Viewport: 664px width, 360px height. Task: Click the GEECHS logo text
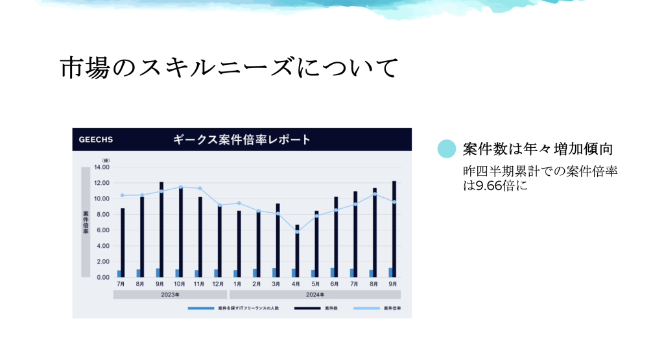[96, 139]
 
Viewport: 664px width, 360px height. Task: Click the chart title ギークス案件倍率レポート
[242, 139]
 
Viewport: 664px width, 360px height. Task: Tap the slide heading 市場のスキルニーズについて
[229, 67]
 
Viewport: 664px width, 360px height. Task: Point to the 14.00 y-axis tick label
[102, 167]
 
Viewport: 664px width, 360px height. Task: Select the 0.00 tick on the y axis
[103, 278]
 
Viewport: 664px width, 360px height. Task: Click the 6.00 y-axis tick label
[103, 230]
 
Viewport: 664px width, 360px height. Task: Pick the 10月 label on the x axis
[179, 284]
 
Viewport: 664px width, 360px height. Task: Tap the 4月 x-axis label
[296, 284]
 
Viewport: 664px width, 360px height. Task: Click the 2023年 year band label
[171, 294]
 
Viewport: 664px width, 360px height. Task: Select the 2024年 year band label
[315, 294]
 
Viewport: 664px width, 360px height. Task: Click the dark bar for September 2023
[161, 230]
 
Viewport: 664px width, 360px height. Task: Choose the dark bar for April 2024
[297, 251]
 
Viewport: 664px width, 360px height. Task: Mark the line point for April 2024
[297, 232]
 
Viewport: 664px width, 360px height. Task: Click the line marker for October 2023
[181, 187]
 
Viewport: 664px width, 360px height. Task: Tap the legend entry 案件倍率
[377, 308]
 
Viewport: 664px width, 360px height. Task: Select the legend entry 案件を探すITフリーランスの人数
[233, 308]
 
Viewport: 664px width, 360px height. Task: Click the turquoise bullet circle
[446, 149]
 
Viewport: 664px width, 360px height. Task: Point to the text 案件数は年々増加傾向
[538, 149]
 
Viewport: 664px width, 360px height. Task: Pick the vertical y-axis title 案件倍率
[86, 222]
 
